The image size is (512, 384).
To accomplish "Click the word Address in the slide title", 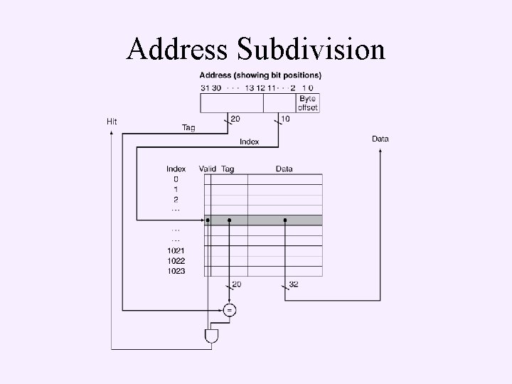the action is pyautogui.click(x=178, y=49).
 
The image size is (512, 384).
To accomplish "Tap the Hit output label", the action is pyautogui.click(x=112, y=122).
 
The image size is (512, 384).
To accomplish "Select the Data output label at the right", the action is pyautogui.click(x=380, y=139).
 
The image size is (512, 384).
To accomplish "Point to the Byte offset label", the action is pyautogui.click(x=308, y=103).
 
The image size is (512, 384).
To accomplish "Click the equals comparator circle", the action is pyautogui.click(x=230, y=310).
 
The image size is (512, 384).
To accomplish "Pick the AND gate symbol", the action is pyautogui.click(x=211, y=335).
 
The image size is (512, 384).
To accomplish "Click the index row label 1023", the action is pyautogui.click(x=176, y=270).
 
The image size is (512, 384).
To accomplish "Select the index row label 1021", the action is pyautogui.click(x=176, y=250).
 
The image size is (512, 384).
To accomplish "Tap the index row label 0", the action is pyautogui.click(x=176, y=179).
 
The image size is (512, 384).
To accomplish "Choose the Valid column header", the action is pyautogui.click(x=208, y=169).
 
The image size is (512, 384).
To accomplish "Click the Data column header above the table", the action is pyautogui.click(x=284, y=169).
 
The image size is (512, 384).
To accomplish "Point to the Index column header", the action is pyautogui.click(x=176, y=169).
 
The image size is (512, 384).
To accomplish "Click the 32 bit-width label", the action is pyautogui.click(x=294, y=284).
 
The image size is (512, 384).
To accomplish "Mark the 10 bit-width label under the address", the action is pyautogui.click(x=285, y=119).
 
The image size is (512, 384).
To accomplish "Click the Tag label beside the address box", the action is pyautogui.click(x=188, y=128).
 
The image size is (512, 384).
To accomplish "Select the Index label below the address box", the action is pyautogui.click(x=249, y=142).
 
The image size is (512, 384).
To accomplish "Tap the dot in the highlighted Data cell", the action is pyautogui.click(x=285, y=220).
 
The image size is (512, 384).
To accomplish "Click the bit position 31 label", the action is pyautogui.click(x=205, y=87).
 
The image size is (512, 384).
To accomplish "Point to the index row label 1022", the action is pyautogui.click(x=176, y=260).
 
